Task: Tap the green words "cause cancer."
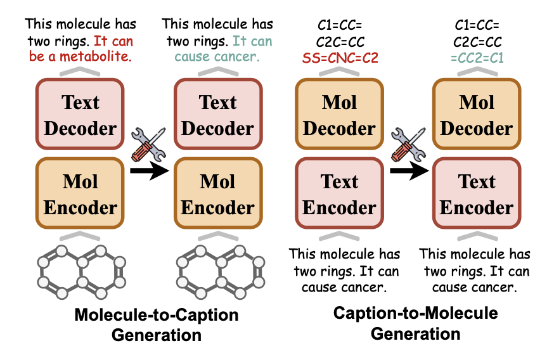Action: click(217, 56)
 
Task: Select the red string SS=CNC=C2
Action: click(339, 58)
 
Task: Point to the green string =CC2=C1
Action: click(477, 58)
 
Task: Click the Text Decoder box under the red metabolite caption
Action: click(81, 115)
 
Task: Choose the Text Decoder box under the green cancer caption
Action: click(217, 115)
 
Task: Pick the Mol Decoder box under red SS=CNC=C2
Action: click(339, 115)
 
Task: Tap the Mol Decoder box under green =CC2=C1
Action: click(477, 115)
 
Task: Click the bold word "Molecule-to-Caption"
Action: click(156, 315)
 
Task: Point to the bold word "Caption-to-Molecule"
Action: click(415, 313)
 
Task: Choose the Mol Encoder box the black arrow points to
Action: click(217, 195)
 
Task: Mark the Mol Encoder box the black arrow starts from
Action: click(81, 195)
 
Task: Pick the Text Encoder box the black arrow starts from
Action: click(339, 195)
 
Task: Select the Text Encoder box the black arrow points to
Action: click(477, 195)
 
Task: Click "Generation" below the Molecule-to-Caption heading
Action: click(156, 334)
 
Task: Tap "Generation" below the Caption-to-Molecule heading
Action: click(415, 333)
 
